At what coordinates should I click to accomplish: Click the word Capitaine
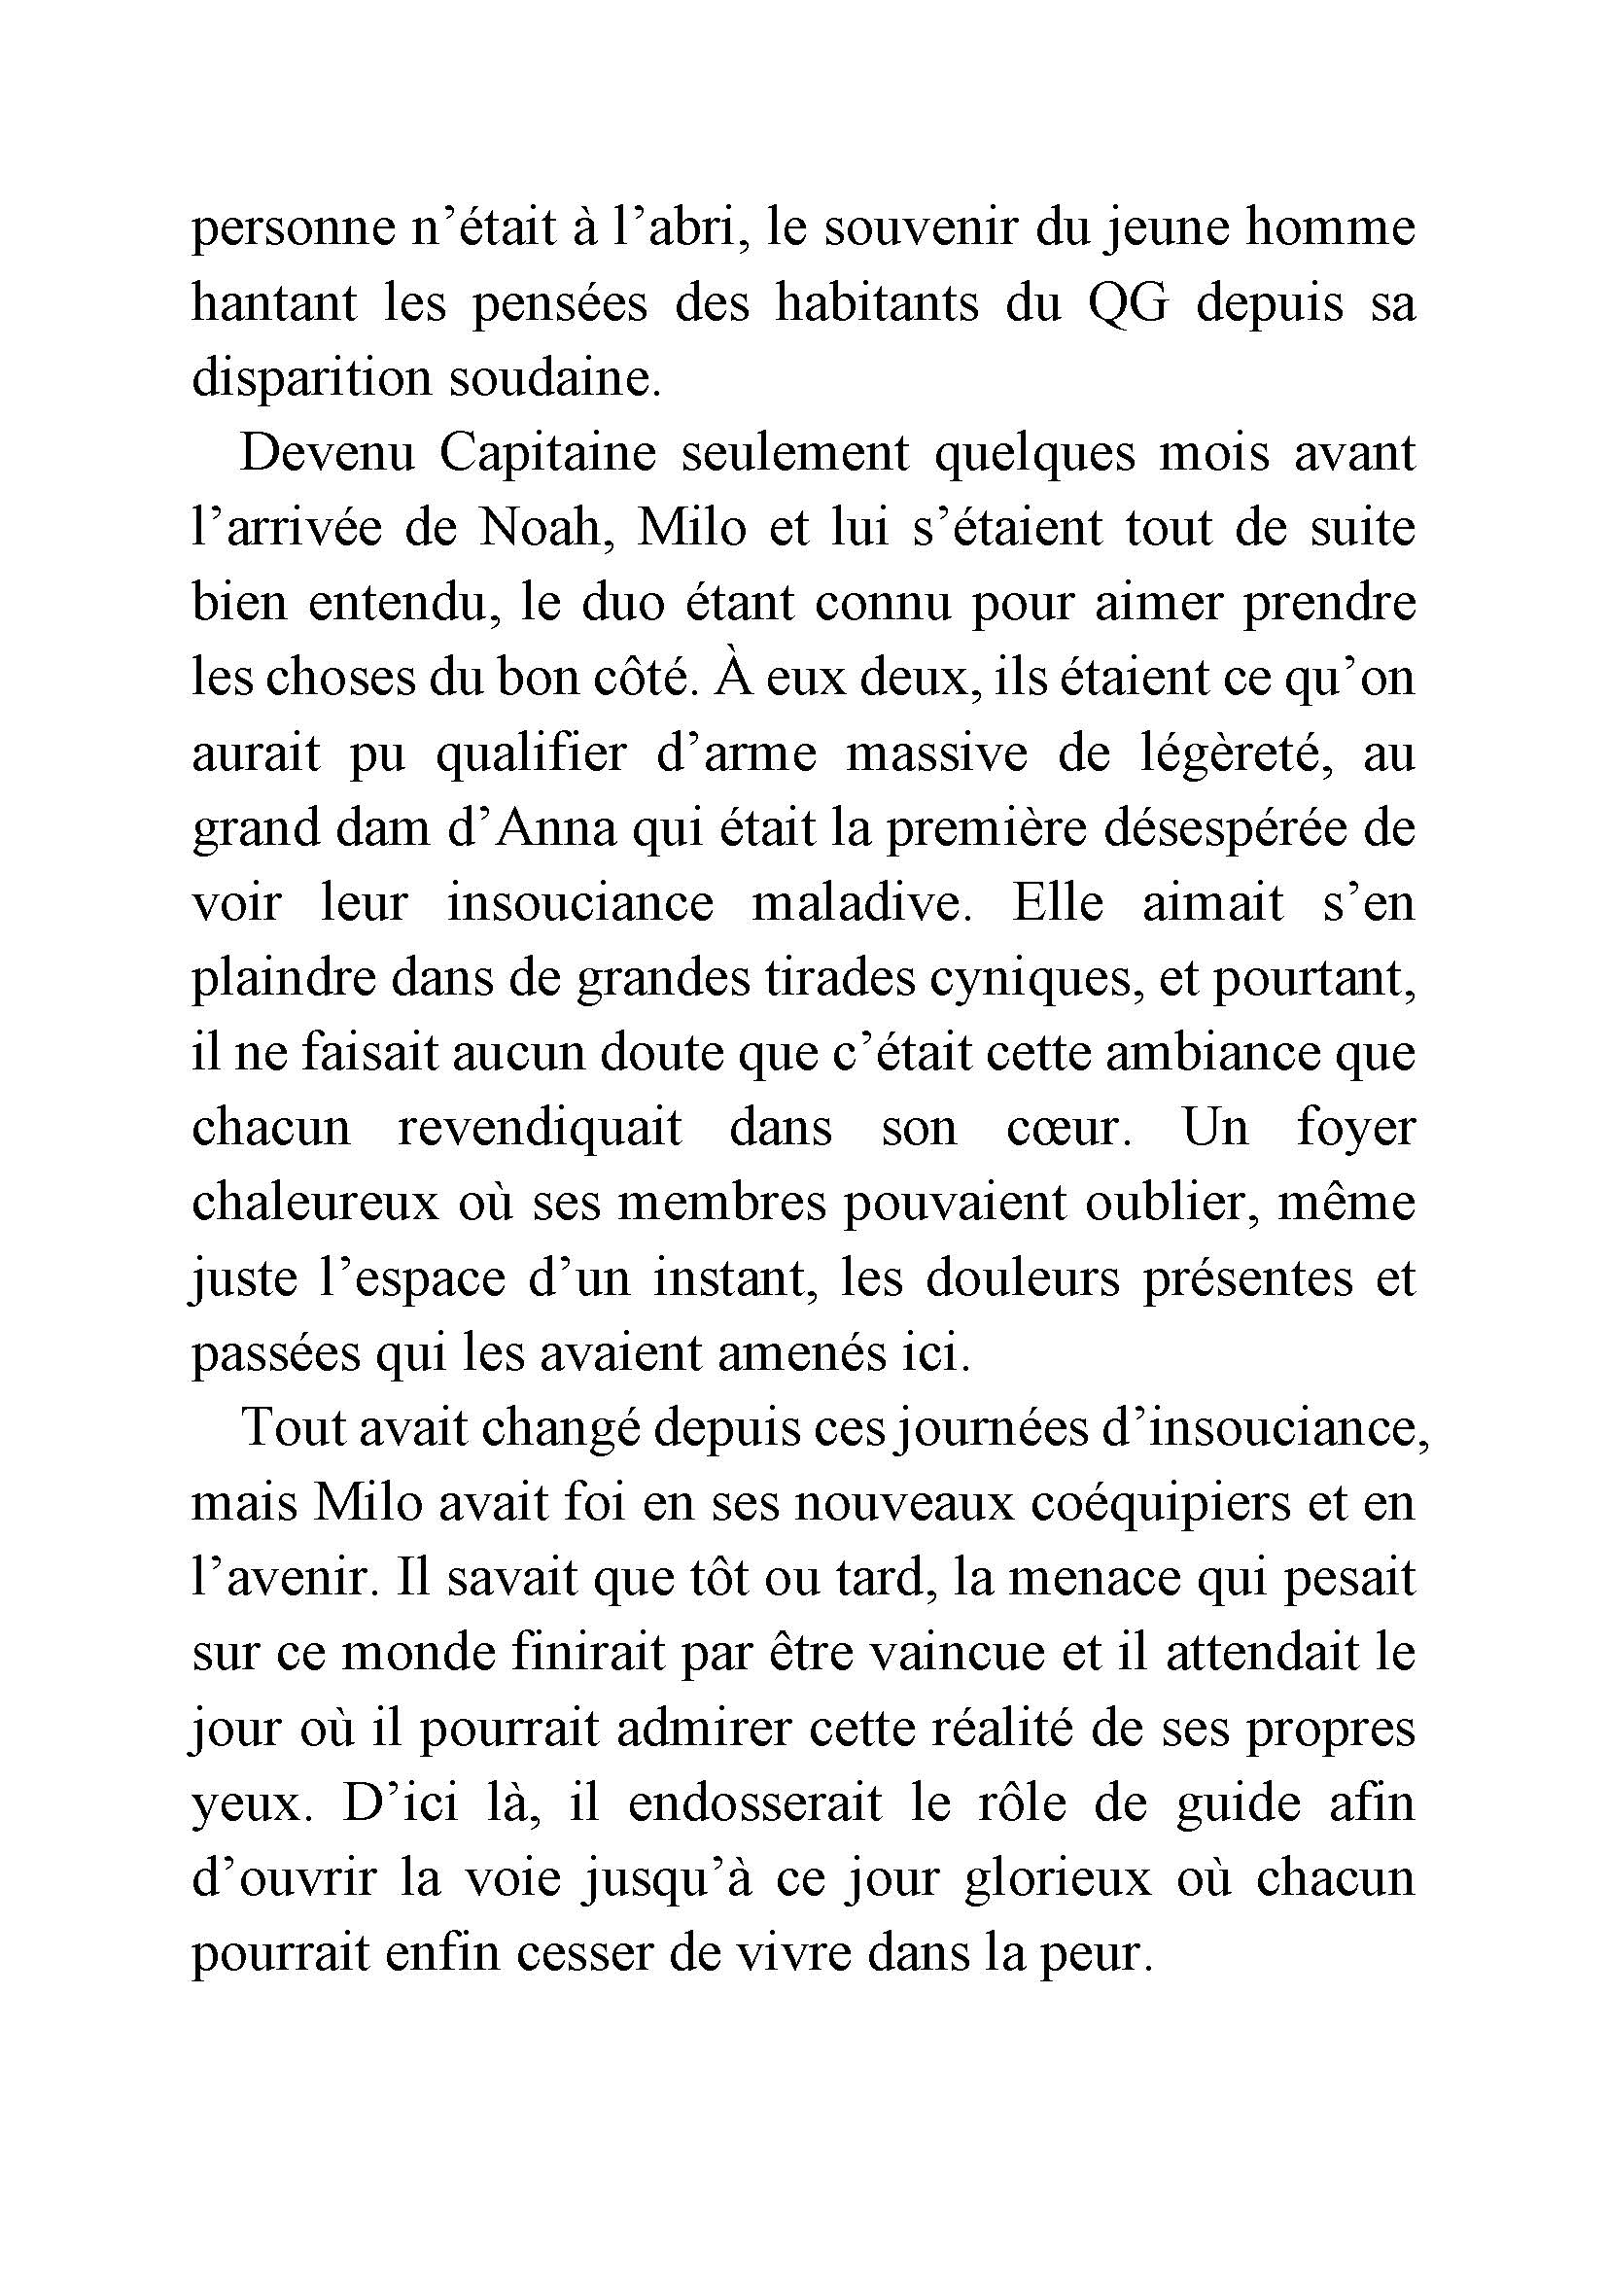[547, 455]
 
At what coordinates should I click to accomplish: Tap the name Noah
[541, 529]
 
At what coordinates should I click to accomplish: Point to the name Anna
[556, 829]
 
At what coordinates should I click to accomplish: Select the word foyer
[1355, 1129]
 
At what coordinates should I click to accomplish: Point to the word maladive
[857, 904]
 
